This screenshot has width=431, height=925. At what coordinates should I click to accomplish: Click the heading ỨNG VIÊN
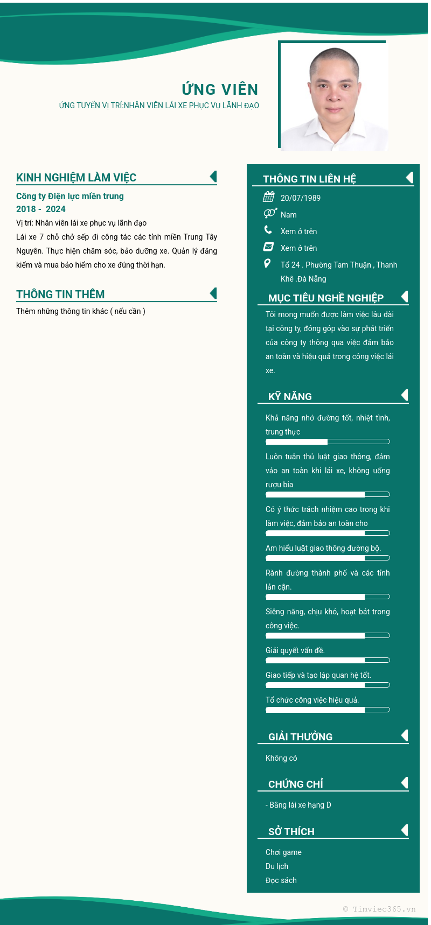pyautogui.click(x=220, y=89)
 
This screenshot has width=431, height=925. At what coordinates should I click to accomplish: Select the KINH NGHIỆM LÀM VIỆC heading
pyautogui.click(x=76, y=178)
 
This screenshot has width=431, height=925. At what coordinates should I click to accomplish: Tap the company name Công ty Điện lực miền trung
pyautogui.click(x=70, y=196)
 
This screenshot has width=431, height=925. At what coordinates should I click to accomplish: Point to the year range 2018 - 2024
pyautogui.click(x=41, y=209)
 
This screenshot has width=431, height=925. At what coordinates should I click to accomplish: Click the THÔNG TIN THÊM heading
pyautogui.click(x=60, y=295)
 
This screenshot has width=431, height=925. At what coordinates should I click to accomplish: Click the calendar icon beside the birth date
pyautogui.click(x=268, y=197)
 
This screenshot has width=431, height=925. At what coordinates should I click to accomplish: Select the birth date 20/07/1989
pyautogui.click(x=301, y=198)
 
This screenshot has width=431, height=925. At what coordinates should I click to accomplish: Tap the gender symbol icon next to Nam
pyautogui.click(x=270, y=214)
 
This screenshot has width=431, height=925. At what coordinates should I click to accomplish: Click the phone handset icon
pyautogui.click(x=268, y=230)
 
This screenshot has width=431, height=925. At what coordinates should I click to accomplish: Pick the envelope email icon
pyautogui.click(x=268, y=247)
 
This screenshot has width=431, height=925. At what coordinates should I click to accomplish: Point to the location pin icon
pyautogui.click(x=267, y=263)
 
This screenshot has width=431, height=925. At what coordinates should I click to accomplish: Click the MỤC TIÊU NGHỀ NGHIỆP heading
pyautogui.click(x=326, y=298)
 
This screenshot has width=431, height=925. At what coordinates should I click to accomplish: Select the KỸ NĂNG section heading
pyautogui.click(x=290, y=397)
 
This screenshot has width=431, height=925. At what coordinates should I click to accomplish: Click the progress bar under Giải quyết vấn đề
pyautogui.click(x=328, y=660)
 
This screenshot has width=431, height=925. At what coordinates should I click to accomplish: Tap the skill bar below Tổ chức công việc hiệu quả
pyautogui.click(x=328, y=710)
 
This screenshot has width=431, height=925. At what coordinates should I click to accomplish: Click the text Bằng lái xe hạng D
pyautogui.click(x=300, y=805)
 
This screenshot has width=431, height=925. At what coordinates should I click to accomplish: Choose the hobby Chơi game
pyautogui.click(x=283, y=852)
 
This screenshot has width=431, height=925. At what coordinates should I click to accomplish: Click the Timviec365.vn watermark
pyautogui.click(x=379, y=909)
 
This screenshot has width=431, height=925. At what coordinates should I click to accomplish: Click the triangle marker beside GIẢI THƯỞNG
pyautogui.click(x=405, y=735)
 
